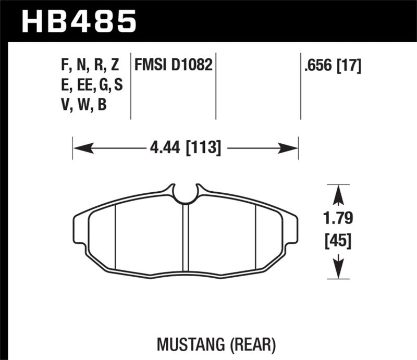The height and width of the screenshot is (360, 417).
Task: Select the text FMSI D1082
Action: pos(173,66)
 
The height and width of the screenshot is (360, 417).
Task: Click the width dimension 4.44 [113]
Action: pos(186,148)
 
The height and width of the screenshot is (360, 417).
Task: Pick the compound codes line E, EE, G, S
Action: pos(92,85)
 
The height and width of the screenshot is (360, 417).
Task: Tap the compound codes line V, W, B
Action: pos(84,105)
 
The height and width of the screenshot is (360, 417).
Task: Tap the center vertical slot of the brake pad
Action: pos(185,237)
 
